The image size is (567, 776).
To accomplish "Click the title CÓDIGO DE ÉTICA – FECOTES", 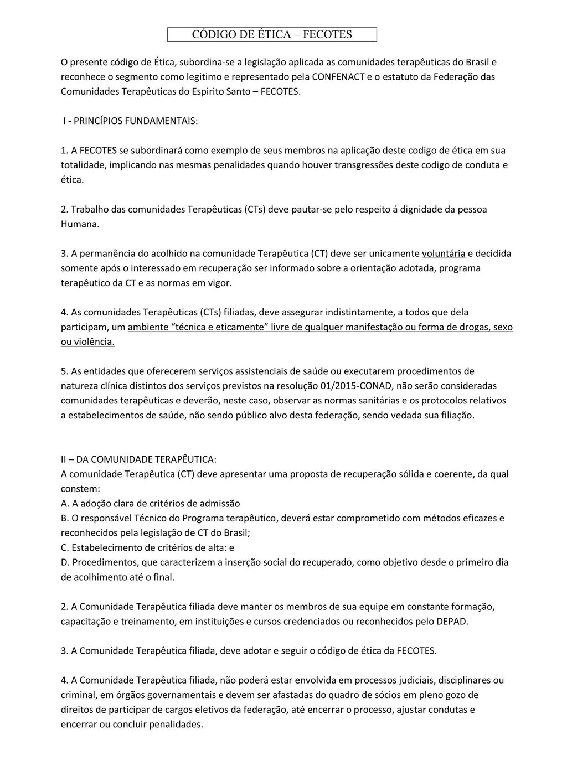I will (272, 35).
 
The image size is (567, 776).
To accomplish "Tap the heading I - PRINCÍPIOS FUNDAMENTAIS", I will (130, 121).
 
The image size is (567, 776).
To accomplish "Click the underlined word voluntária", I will (444, 254).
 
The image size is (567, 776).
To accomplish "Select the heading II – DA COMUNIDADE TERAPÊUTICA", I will (138, 459).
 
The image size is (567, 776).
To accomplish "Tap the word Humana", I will (80, 224).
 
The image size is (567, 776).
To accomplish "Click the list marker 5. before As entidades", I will (65, 371).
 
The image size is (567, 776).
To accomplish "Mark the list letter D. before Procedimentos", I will (65, 562).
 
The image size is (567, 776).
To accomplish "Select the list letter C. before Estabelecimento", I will (65, 548).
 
